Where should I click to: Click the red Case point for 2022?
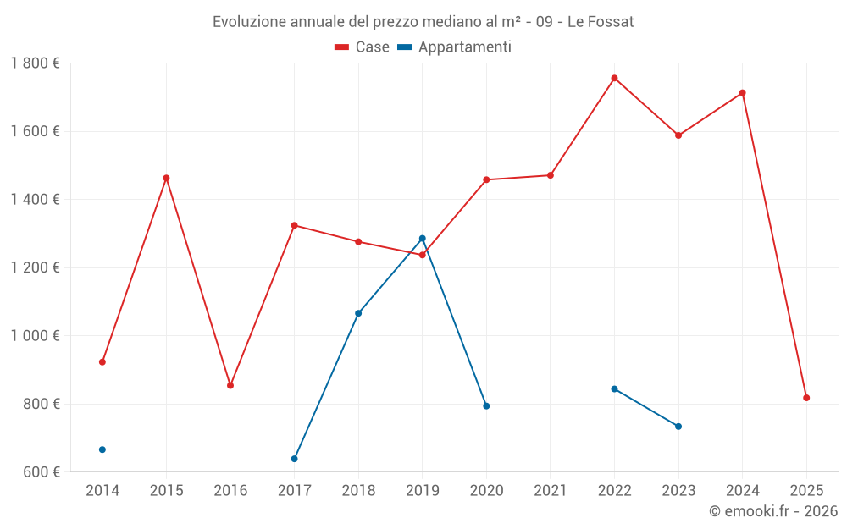(614, 78)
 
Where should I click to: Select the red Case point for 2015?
(166, 178)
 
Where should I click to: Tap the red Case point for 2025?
(806, 398)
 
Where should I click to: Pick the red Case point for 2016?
(230, 385)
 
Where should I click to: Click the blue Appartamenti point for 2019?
(423, 239)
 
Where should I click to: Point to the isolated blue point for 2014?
(102, 449)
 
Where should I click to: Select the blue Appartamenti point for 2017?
(294, 459)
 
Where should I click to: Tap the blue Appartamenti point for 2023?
(678, 427)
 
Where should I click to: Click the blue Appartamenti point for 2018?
(358, 313)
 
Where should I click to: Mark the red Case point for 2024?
(742, 93)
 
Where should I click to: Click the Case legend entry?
(363, 47)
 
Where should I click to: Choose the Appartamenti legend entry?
(455, 47)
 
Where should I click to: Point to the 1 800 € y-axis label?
(35, 63)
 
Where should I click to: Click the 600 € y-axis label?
(41, 471)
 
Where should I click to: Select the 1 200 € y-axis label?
(35, 267)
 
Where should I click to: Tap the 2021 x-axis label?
(551, 490)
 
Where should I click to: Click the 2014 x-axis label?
(102, 490)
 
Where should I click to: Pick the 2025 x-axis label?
(806, 490)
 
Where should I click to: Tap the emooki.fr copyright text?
(773, 511)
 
